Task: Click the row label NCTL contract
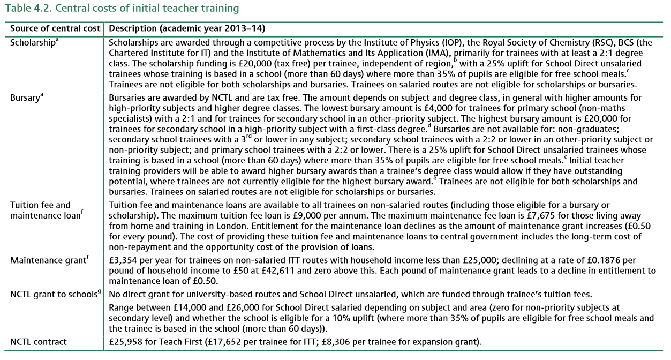coord(38,341)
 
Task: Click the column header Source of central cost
coord(55,28)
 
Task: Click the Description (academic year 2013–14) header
coord(187,28)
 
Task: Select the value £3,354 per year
coord(124,261)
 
